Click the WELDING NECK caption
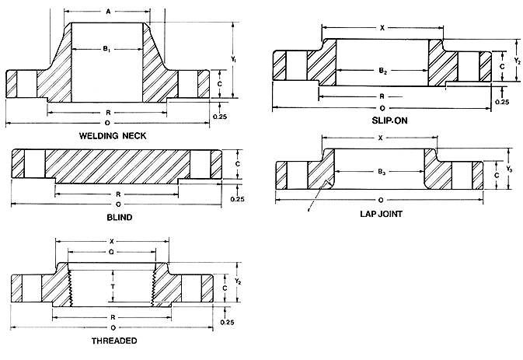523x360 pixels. click(x=134, y=135)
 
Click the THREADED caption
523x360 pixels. click(x=114, y=341)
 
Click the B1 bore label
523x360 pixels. click(x=107, y=49)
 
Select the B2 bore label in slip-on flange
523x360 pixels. click(x=382, y=71)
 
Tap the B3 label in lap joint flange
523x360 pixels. click(x=382, y=171)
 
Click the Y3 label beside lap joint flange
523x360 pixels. click(x=510, y=169)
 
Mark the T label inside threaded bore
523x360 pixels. click(x=113, y=285)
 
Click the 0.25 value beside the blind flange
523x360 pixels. click(x=237, y=199)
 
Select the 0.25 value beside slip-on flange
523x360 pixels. click(x=502, y=102)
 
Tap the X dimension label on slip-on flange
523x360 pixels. click(x=382, y=28)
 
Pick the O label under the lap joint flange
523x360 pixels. click(x=381, y=199)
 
